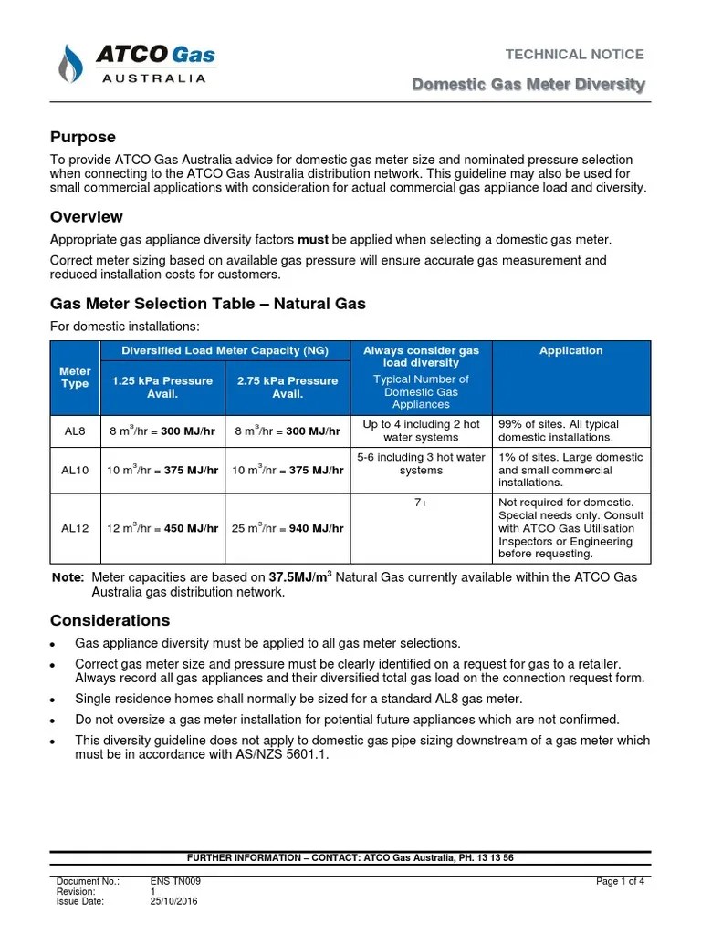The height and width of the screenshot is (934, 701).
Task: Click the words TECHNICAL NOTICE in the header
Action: pyautogui.click(x=574, y=55)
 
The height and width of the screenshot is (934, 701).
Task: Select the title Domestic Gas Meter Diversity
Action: pyautogui.click(x=528, y=85)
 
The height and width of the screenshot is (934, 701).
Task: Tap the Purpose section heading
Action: pyautogui.click(x=82, y=137)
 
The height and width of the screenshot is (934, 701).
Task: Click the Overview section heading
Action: pyautogui.click(x=86, y=217)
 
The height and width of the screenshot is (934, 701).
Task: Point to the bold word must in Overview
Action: pyautogui.click(x=313, y=240)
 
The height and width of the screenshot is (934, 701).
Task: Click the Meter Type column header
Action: pyautogui.click(x=75, y=378)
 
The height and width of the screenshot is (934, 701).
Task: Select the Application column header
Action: pyautogui.click(x=570, y=350)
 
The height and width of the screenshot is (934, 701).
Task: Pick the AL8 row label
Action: pyautogui.click(x=75, y=431)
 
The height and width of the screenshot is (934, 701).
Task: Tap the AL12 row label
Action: pyautogui.click(x=75, y=528)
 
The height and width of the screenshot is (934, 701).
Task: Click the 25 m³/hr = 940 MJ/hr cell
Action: pyautogui.click(x=288, y=528)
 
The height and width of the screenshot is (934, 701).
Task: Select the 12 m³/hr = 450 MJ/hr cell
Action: pyautogui.click(x=162, y=528)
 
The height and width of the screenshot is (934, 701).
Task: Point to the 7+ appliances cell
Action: pyautogui.click(x=421, y=503)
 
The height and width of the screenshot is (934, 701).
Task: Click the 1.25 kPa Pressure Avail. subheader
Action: pyautogui.click(x=162, y=387)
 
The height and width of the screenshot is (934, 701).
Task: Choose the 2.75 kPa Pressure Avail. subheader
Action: pyautogui.click(x=288, y=387)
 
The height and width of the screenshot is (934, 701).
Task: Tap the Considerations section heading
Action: pyautogui.click(x=110, y=620)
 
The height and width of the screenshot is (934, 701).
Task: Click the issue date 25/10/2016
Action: pyautogui.click(x=173, y=901)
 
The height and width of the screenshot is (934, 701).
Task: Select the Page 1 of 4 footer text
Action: pyautogui.click(x=620, y=881)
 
